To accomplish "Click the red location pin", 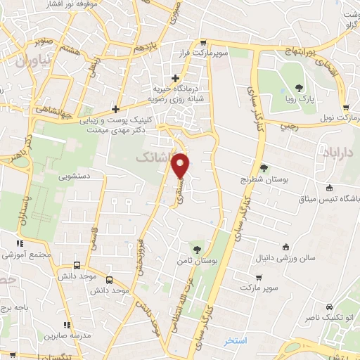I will pos(181,165).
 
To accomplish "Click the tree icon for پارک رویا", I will pos(300,88).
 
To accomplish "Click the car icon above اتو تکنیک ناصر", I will pos(329,307).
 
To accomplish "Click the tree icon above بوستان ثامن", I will pos(198,248).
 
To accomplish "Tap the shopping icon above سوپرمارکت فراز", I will pos(203,41).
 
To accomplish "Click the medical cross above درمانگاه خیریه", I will pos(176,78).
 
